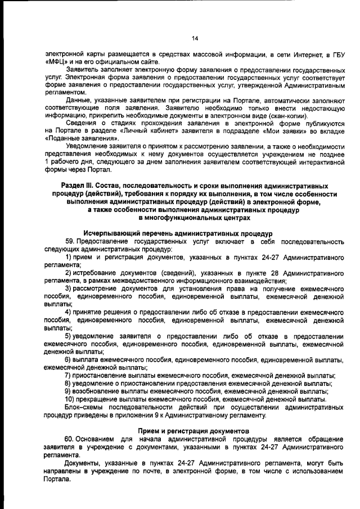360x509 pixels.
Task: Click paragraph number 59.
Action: click(70, 241)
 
